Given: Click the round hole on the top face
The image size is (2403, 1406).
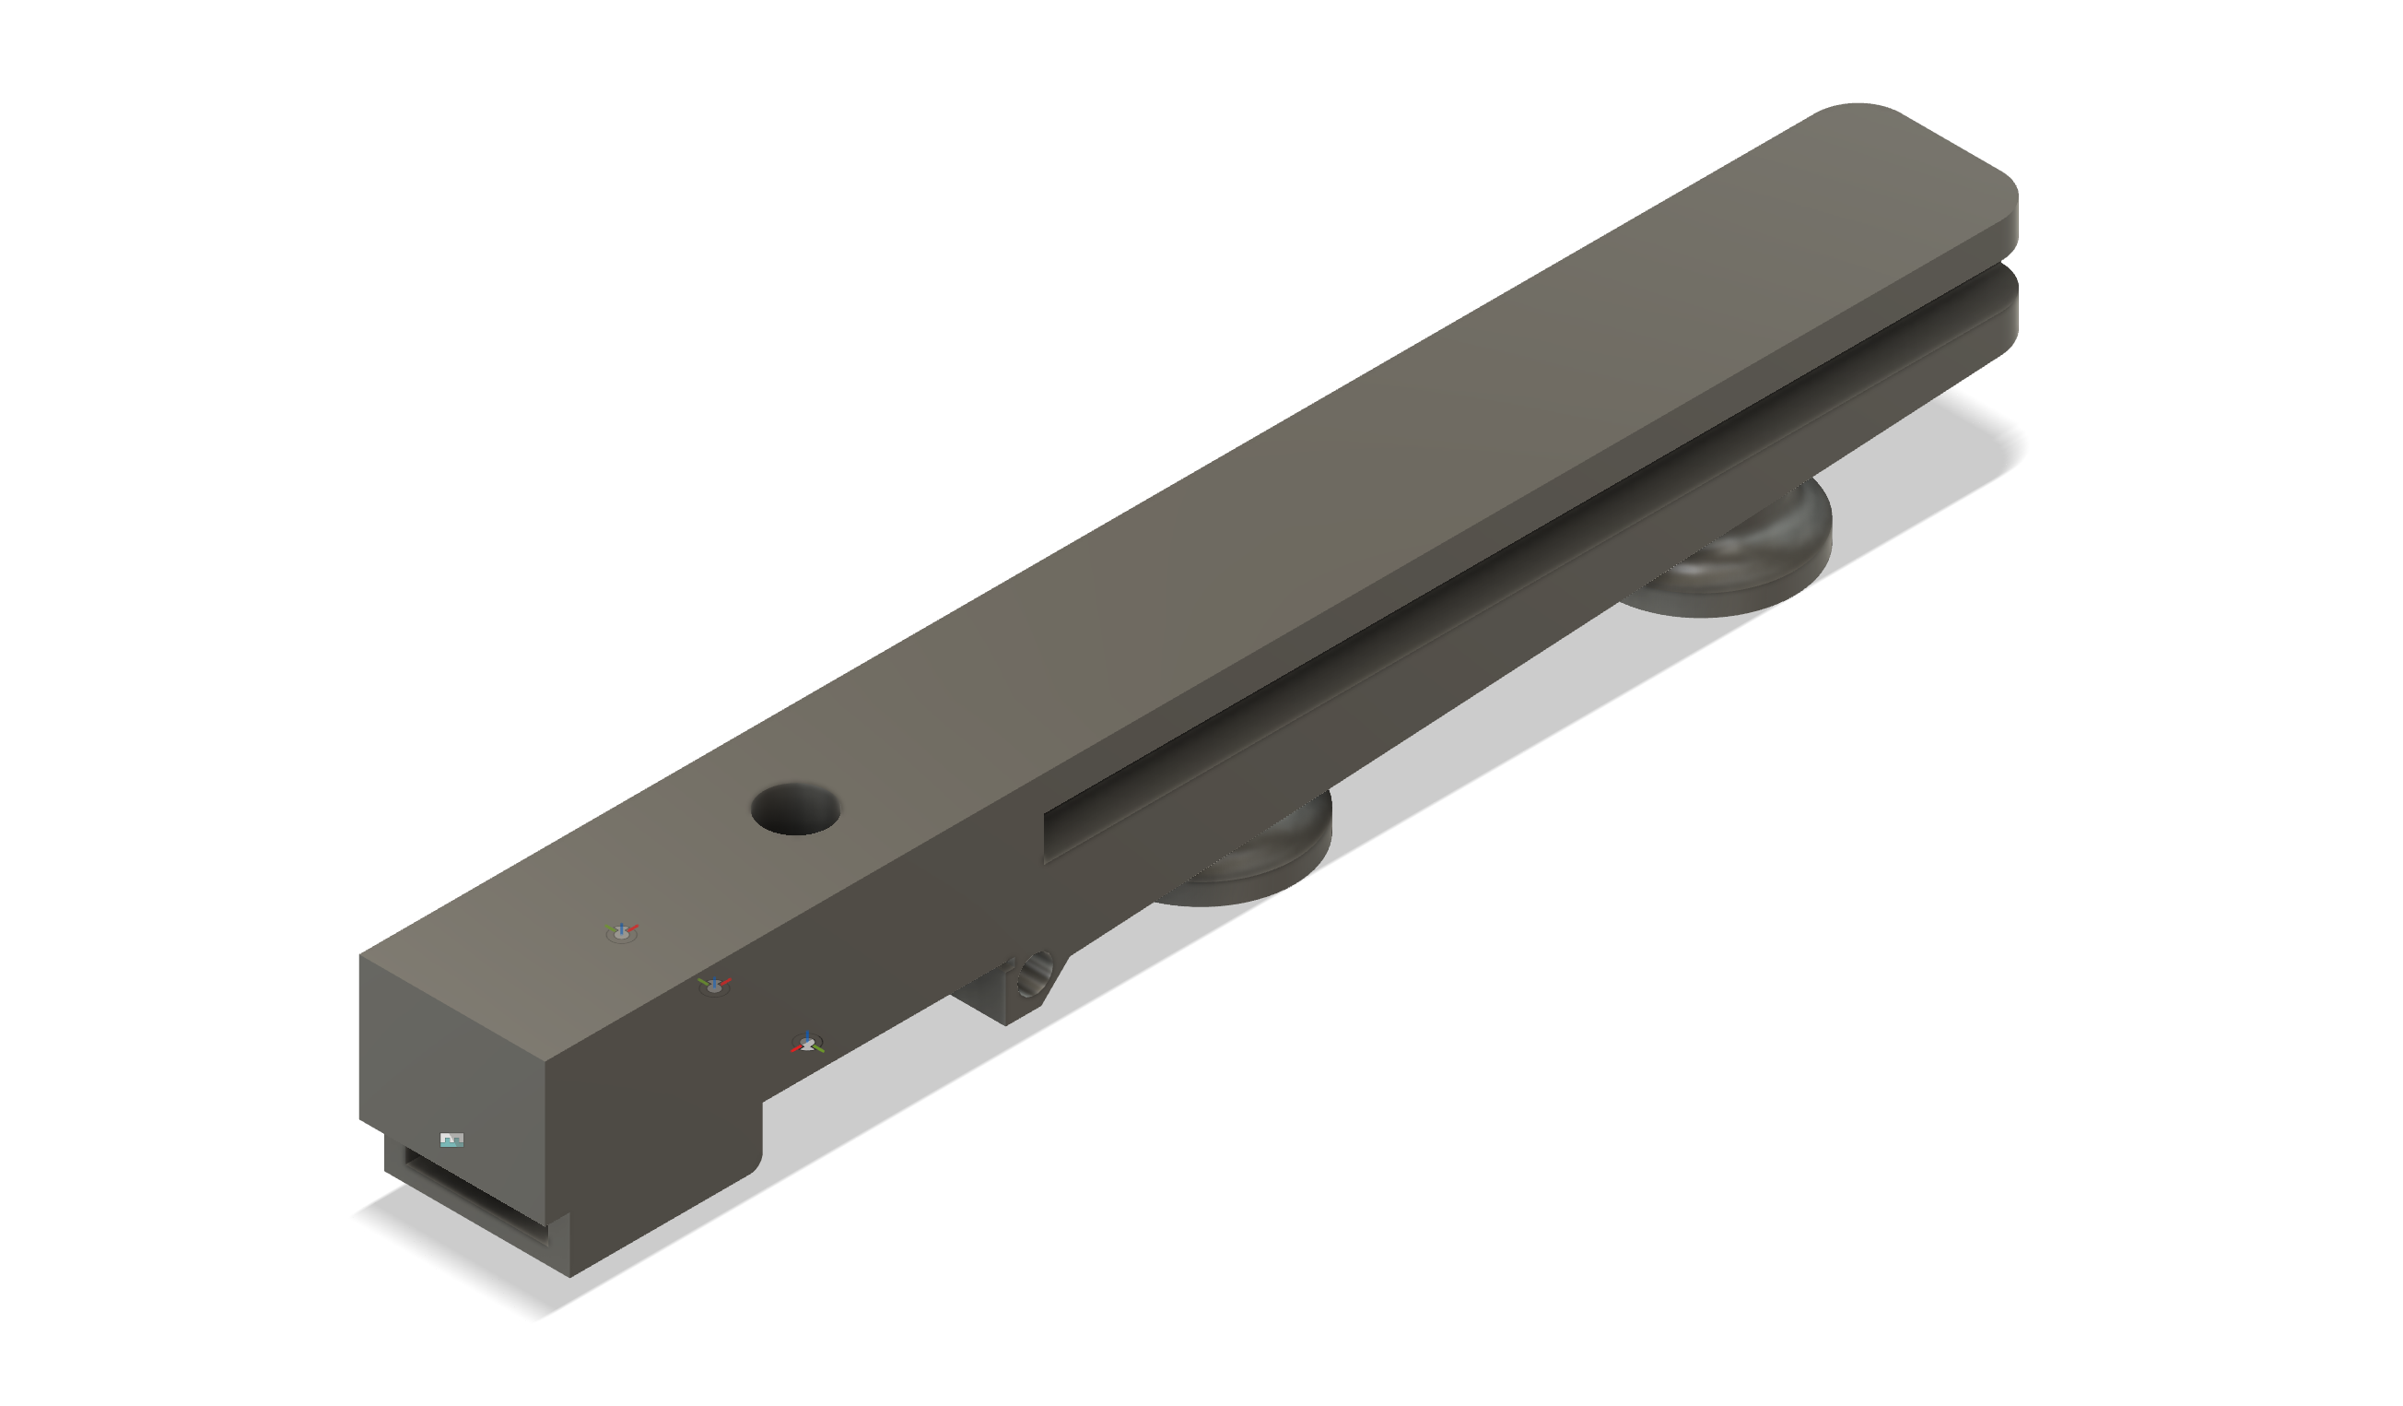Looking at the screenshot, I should pyautogui.click(x=794, y=809).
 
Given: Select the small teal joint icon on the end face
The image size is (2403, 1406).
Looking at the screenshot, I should pyautogui.click(x=451, y=1139).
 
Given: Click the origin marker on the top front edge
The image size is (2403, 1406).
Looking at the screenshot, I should pyautogui.click(x=713, y=985).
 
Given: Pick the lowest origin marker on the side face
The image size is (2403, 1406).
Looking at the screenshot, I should pyautogui.click(x=807, y=1043).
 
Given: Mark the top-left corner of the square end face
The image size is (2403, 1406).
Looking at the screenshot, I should pyautogui.click(x=360, y=954).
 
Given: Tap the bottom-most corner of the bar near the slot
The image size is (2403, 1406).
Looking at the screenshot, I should pyautogui.click(x=570, y=1276).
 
